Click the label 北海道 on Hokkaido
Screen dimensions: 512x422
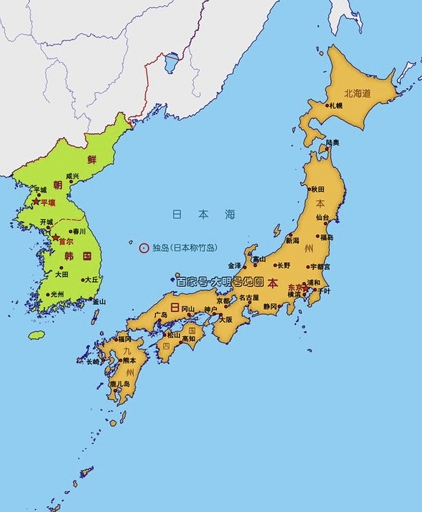click(x=358, y=94)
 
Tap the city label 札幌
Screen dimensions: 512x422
click(x=336, y=106)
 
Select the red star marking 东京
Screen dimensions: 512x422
click(x=305, y=288)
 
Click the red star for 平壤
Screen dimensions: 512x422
click(x=36, y=202)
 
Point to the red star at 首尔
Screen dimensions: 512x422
click(x=56, y=238)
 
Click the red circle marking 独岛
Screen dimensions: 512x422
click(x=144, y=248)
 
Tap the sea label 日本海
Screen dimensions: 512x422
click(x=204, y=214)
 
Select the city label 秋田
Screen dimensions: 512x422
click(x=318, y=189)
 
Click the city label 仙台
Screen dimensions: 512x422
click(x=322, y=218)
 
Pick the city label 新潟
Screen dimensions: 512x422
click(x=292, y=240)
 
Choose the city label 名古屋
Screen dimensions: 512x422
click(x=249, y=298)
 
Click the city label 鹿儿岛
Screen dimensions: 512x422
click(x=120, y=384)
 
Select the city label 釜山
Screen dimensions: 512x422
click(x=99, y=302)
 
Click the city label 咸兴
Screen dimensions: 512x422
click(x=73, y=176)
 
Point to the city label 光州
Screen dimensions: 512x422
click(x=57, y=294)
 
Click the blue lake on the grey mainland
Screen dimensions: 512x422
click(x=172, y=62)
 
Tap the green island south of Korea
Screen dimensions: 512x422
click(x=36, y=335)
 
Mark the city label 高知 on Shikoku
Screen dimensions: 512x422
click(x=189, y=338)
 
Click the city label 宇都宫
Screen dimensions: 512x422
click(x=320, y=266)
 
